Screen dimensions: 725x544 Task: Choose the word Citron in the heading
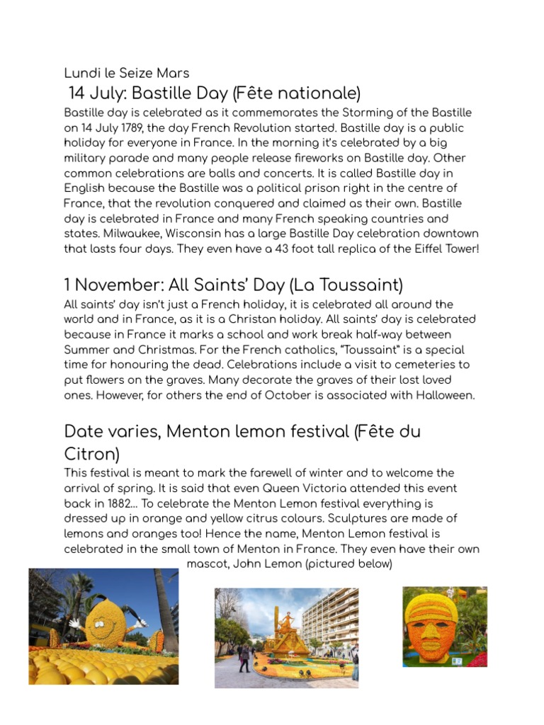point(91,453)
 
